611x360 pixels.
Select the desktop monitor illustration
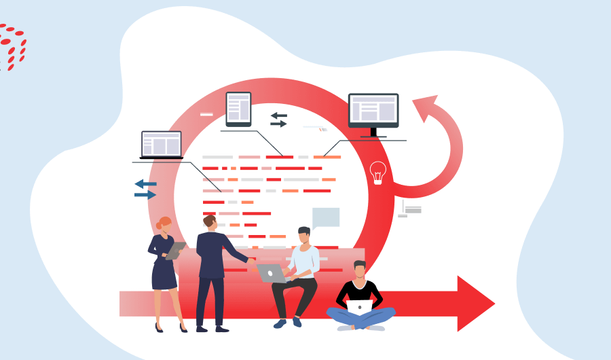pyautogui.click(x=373, y=110)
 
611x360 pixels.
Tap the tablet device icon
pyautogui.click(x=238, y=109)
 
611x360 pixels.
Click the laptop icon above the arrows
pyautogui.click(x=162, y=145)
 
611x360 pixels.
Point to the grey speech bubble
pyautogui.click(x=326, y=217)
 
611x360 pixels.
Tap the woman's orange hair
pyautogui.click(x=164, y=223)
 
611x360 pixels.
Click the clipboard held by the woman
pyautogui.click(x=175, y=251)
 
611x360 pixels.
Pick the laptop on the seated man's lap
pyautogui.click(x=272, y=273)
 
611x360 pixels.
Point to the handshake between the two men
pyautogui.click(x=251, y=259)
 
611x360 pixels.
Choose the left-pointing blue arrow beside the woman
pyautogui.click(x=145, y=184)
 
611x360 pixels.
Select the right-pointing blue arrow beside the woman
pyautogui.click(x=145, y=195)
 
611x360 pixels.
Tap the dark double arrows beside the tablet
pyautogui.click(x=279, y=120)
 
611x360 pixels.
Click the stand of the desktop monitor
pyautogui.click(x=373, y=134)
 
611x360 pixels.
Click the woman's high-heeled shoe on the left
pyautogui.click(x=159, y=328)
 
